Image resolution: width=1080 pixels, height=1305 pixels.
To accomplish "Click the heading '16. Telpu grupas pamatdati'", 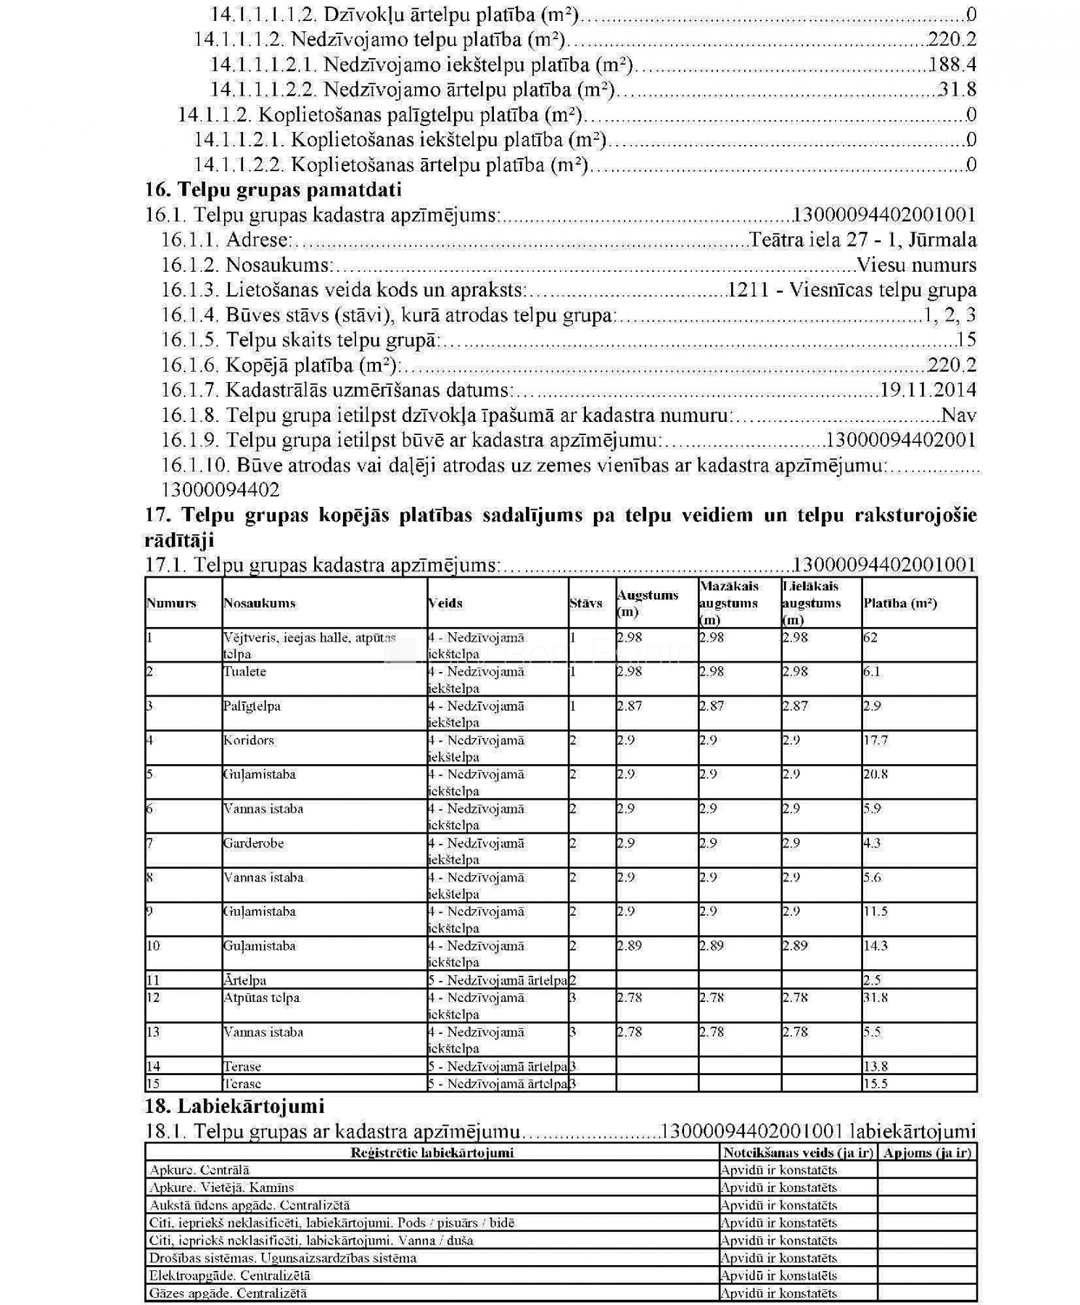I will coord(273,190).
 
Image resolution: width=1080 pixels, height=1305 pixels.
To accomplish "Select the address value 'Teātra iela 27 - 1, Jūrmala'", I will coord(863,240).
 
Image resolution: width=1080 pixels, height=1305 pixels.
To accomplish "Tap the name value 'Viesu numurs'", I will coord(916,265).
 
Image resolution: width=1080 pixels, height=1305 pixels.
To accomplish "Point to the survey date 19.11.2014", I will coord(928,390).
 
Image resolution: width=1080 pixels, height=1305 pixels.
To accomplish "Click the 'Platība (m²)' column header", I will coord(900,603).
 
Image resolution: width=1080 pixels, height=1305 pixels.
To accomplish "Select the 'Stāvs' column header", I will coord(585,603).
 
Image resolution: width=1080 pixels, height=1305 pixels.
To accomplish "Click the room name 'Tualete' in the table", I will coord(244,672).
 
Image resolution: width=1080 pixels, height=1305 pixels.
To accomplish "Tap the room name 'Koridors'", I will coord(248,741).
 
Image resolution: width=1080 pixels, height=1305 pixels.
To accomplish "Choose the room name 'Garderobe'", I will coord(253,844).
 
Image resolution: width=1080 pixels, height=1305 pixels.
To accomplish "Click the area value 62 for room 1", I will coord(870,638).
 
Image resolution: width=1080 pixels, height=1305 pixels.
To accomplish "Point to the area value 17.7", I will coord(875,741).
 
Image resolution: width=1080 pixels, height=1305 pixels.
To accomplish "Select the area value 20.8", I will coord(875,775).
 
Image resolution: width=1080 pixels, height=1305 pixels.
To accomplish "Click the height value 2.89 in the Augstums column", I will coord(630,946).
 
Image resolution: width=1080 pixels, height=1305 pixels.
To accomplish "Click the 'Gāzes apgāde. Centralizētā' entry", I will coord(228,1293).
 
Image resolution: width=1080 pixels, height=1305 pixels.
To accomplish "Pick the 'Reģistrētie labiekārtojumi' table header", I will coord(432,1153).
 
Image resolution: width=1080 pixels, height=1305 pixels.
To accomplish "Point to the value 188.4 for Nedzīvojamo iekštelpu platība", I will coord(952,65).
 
